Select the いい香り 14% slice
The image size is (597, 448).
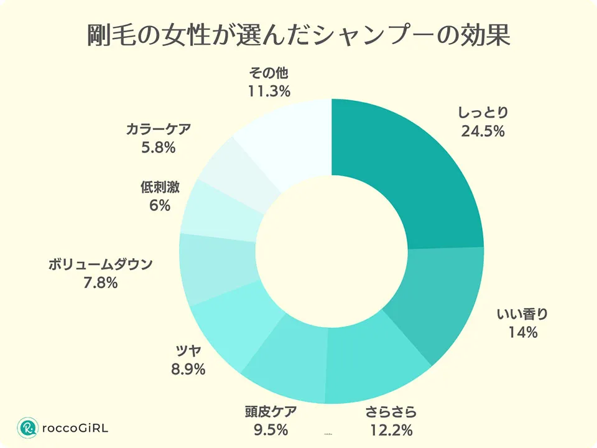pos(435,299)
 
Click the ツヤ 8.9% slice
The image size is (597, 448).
pos(227,330)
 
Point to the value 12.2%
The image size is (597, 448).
pos(389,430)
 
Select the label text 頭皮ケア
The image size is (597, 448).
pos(271,411)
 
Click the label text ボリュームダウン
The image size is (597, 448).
pos(100,264)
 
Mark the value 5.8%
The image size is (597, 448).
pos(158,148)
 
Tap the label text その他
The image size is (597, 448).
pos(269,74)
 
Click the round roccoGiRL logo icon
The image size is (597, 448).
pos(28,428)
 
